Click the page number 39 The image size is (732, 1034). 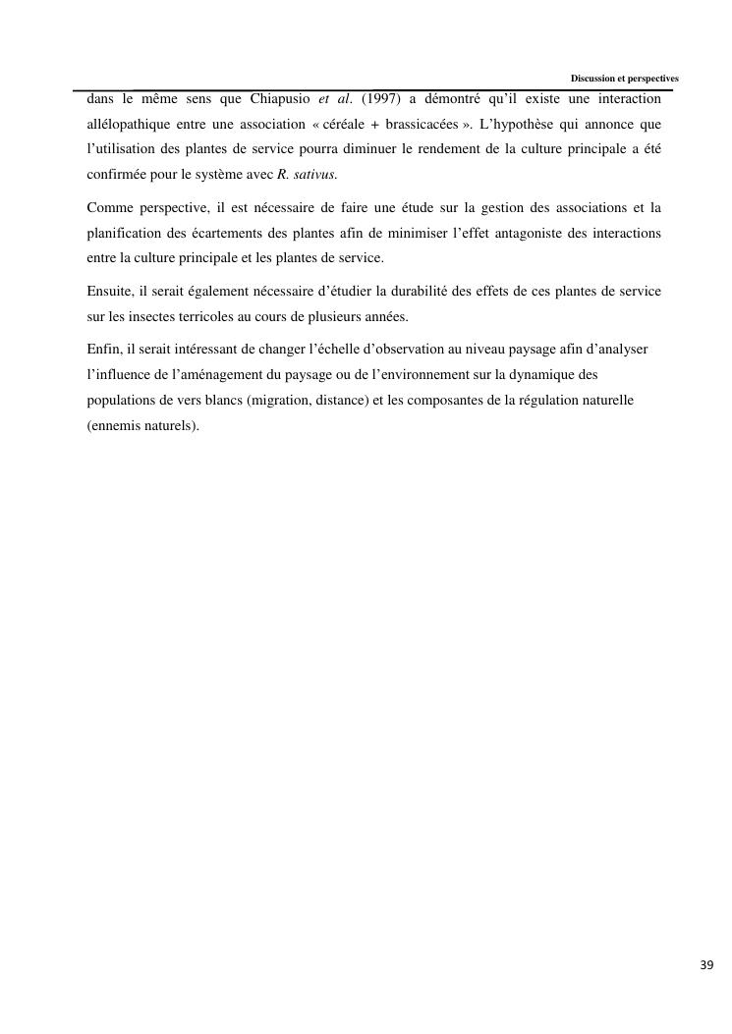coord(706,964)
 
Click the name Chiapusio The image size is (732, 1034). coord(272,99)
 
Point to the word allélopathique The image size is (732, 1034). coord(127,125)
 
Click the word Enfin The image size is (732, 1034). coord(102,350)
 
